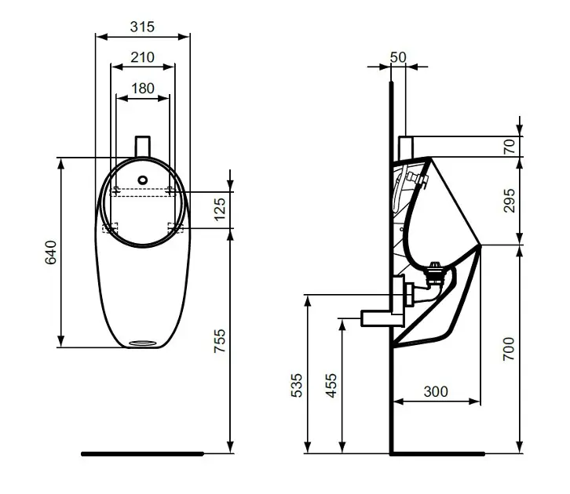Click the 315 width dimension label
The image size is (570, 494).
coord(142,27)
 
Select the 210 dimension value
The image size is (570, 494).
coord(143,57)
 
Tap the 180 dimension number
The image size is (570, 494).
coord(143,88)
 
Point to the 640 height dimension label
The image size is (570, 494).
coord(51,252)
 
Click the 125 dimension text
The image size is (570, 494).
coord(220,209)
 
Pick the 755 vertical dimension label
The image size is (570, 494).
coord(220,341)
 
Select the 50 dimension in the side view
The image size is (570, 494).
coord(398,57)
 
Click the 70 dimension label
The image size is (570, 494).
coord(510,147)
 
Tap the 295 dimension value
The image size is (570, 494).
coord(510,201)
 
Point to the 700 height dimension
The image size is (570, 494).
coord(509,349)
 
